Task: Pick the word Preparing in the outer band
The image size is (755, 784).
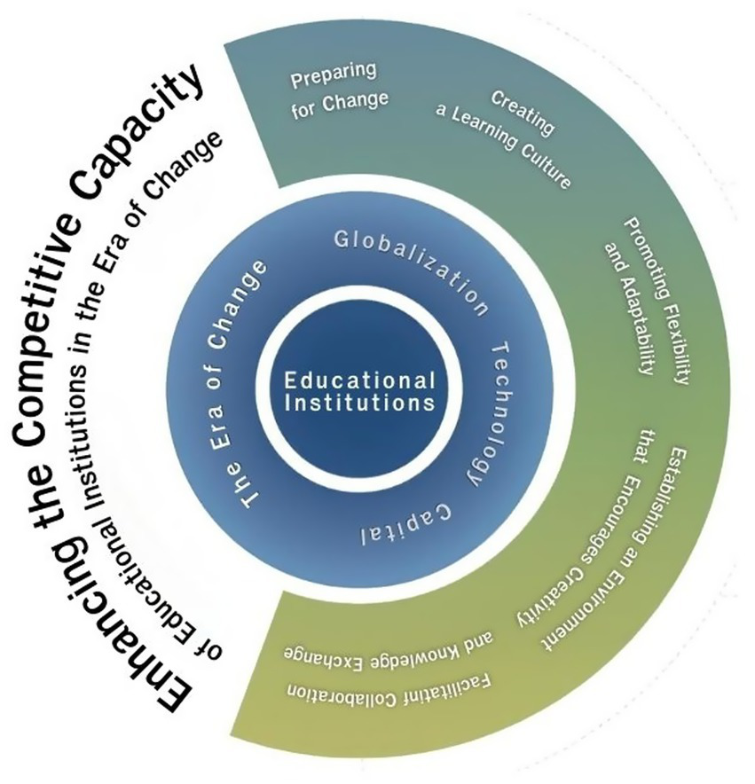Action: [334, 74]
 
